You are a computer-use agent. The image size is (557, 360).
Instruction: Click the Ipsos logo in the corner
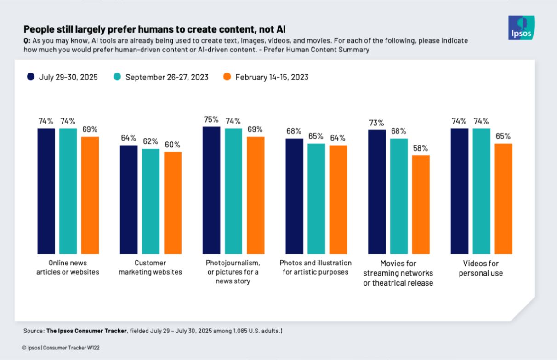click(x=521, y=28)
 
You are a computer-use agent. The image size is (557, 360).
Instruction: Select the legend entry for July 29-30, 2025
click(x=63, y=77)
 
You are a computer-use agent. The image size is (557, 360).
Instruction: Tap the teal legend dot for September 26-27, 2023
click(x=117, y=77)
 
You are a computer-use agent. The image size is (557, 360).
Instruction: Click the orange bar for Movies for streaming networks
click(x=421, y=204)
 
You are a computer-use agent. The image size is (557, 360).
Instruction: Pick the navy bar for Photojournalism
click(x=211, y=190)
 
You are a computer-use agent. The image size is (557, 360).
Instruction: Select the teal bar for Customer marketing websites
click(x=150, y=201)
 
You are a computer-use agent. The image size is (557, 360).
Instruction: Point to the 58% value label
click(x=421, y=148)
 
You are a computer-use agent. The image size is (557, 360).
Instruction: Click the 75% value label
click(x=211, y=119)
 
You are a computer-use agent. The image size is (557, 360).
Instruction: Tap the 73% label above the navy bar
click(x=376, y=123)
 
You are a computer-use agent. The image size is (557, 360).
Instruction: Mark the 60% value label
click(x=173, y=145)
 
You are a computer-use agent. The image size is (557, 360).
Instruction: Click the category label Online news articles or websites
click(x=68, y=268)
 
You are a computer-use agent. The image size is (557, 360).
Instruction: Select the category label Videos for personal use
click(x=481, y=268)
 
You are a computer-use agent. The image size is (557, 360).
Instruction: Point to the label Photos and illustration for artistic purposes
click(x=316, y=267)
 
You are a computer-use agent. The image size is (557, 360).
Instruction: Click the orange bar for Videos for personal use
click(x=504, y=198)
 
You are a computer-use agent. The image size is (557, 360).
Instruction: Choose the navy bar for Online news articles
click(x=46, y=191)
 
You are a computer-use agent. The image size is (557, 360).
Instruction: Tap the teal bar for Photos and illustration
click(x=316, y=198)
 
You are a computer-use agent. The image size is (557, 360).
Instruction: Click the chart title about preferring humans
click(x=154, y=29)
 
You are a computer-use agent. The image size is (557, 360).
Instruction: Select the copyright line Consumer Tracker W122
click(x=61, y=348)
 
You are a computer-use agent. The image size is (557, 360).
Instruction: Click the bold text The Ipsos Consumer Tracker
click(x=86, y=331)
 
